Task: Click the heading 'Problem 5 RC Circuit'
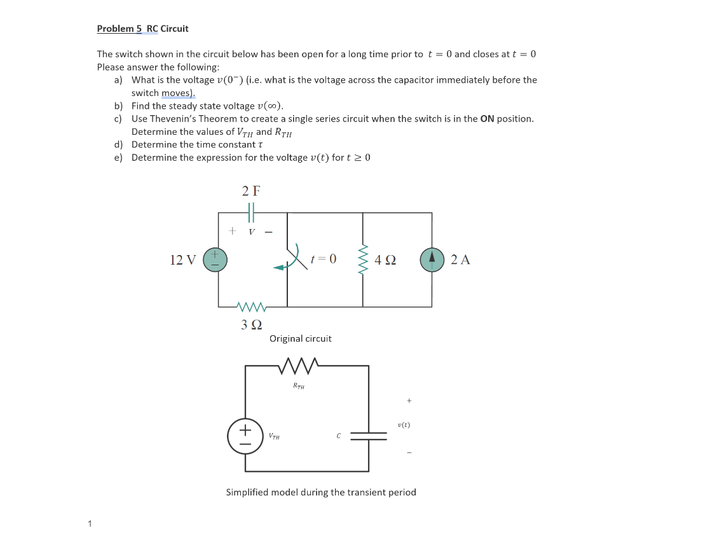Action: [142, 29]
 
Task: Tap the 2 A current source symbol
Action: [432, 260]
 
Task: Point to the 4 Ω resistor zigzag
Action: [364, 260]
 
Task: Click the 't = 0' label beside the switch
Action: [324, 259]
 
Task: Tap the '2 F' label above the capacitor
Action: [251, 190]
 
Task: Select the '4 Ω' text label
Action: [385, 260]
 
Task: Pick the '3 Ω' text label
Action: [251, 324]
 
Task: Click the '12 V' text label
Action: [183, 260]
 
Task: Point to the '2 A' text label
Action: [460, 260]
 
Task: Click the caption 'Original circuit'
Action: [300, 339]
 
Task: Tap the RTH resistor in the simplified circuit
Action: [299, 366]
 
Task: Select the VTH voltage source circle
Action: [245, 436]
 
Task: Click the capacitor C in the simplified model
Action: [369, 436]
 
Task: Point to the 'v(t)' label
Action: [403, 424]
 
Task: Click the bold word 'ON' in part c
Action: [487, 119]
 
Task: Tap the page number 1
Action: [90, 524]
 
